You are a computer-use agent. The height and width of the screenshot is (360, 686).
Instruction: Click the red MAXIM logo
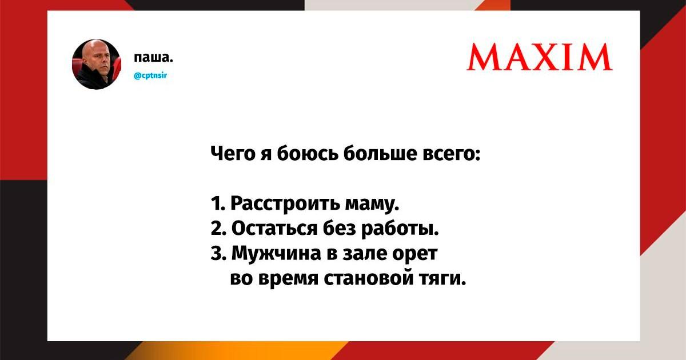coord(540,57)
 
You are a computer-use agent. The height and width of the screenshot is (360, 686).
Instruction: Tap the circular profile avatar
coord(97,64)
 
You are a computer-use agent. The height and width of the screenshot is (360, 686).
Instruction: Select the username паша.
coord(153,57)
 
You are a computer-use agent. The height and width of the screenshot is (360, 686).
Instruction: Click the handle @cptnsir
coord(150,75)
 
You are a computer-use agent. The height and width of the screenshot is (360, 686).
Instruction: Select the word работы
coord(400,229)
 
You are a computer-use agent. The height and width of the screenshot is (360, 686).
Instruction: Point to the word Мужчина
coord(276,254)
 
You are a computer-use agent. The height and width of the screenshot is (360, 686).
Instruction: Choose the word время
coord(288,279)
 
